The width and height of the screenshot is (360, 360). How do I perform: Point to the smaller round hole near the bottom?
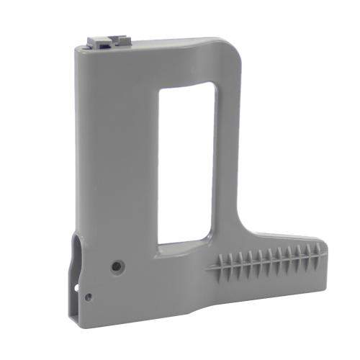(x=88, y=296)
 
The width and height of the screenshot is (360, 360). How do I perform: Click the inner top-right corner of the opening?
(x=212, y=85)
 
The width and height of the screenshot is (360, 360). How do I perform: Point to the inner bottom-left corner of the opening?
(x=160, y=243)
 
